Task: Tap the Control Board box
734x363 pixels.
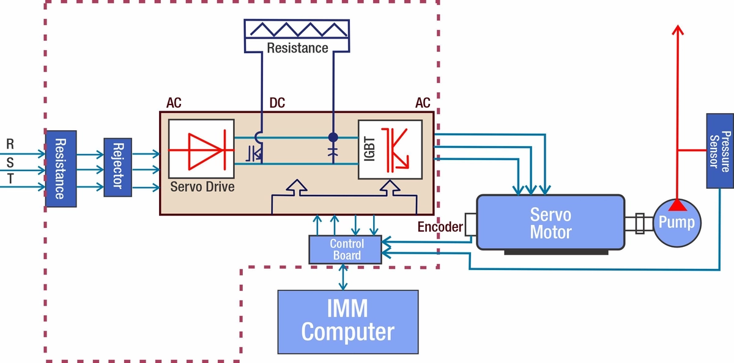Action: click(346, 249)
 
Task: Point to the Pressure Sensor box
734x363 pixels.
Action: click(720, 150)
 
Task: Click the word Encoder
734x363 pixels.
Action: click(440, 227)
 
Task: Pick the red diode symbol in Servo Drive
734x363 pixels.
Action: click(201, 149)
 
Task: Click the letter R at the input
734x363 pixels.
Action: click(10, 145)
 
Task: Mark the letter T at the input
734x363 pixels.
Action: click(10, 179)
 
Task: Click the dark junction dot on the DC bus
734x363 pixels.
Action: click(333, 137)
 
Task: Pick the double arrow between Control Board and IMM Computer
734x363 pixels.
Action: click(345, 277)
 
